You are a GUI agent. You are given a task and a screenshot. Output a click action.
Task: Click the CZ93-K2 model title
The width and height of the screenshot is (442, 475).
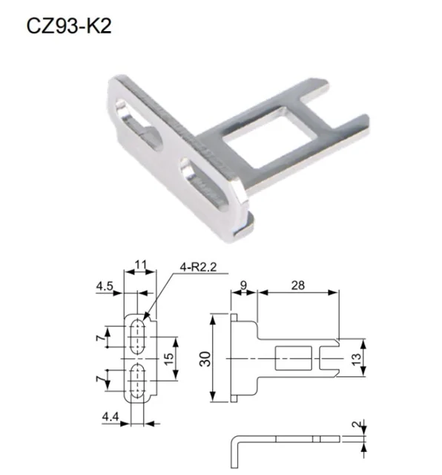coord(69,26)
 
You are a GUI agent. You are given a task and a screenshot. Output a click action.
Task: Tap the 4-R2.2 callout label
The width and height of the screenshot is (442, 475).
coord(198,267)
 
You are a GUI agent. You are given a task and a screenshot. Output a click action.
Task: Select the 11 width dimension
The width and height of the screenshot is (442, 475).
coord(140,265)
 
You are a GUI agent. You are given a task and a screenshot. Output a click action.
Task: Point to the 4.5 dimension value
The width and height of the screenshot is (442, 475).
coord(105,286)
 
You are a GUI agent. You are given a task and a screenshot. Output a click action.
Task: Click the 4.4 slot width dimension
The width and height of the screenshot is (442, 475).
coord(110,417)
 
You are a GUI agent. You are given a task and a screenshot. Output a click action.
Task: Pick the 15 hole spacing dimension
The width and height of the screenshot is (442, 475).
coord(170,358)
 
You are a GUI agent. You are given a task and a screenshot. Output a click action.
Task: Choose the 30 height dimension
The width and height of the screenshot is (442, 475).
coord(205,359)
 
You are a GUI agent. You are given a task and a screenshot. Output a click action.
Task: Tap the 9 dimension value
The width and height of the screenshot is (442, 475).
coord(243,285)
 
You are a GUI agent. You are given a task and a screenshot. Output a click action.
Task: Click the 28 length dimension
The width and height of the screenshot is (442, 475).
coord(298,285)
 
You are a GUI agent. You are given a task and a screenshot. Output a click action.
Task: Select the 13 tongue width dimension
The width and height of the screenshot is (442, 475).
coord(357,359)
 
